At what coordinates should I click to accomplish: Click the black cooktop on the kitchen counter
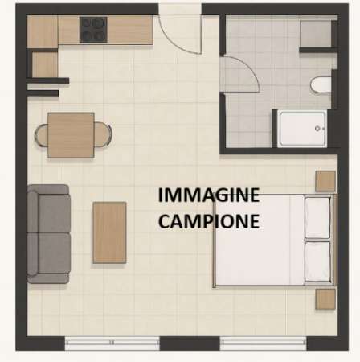93,30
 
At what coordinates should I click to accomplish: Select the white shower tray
302,127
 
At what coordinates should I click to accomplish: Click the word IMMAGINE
208,195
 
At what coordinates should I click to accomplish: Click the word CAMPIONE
208,220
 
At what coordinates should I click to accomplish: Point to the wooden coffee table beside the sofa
109,232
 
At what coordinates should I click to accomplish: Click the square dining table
71,134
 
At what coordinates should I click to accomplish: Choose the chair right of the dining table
103,134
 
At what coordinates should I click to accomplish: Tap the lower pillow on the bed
318,261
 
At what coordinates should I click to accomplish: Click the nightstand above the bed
325,181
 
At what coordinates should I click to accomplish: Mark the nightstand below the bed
325,299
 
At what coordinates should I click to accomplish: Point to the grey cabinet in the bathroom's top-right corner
315,33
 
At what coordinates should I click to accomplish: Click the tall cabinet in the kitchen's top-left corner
43,31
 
